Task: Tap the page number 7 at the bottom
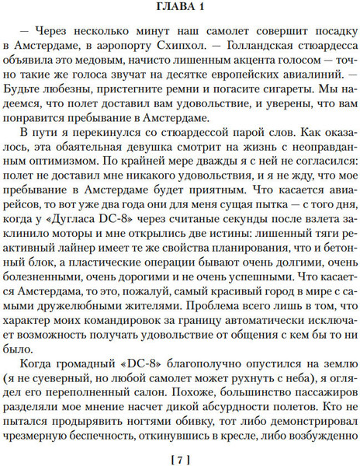click(180, 456)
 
